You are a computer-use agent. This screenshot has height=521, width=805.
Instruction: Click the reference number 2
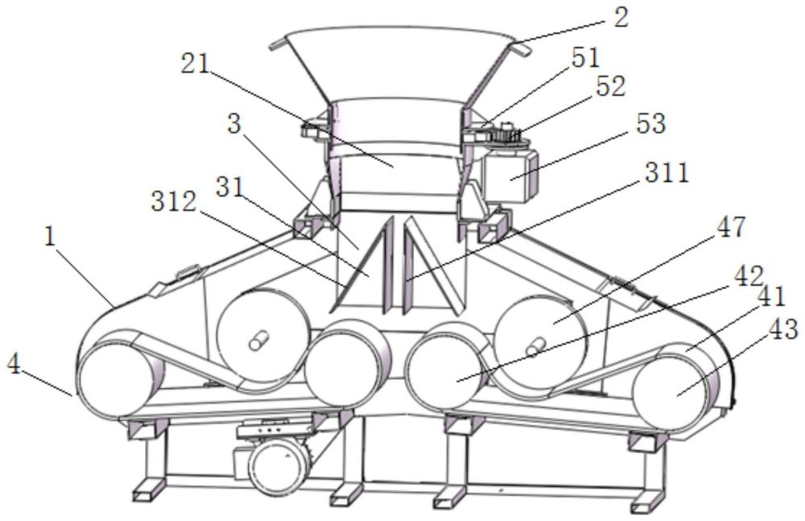coord(620,19)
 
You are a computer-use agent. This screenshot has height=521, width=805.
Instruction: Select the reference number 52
coord(611,86)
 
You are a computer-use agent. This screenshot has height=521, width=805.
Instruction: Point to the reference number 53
coord(650,123)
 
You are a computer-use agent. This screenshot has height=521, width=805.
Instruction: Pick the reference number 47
coord(729,226)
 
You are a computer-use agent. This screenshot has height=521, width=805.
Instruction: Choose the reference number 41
coord(771,297)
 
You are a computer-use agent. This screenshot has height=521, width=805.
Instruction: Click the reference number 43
coord(783,329)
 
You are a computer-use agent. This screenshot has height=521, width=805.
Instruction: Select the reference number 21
coord(195,64)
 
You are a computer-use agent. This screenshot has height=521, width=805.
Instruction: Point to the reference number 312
coord(174,202)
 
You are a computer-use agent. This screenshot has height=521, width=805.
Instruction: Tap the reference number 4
coord(14,366)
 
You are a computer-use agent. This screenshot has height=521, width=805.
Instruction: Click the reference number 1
coord(50,238)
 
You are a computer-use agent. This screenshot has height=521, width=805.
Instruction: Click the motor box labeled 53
coord(508,174)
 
